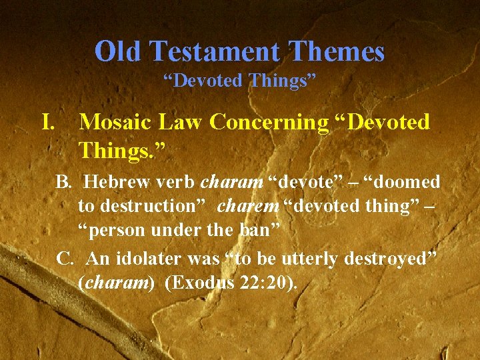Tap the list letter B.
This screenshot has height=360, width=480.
coord(64,182)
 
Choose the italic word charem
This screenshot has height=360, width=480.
coord(248,207)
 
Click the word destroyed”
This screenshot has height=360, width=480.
coord(395,258)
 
